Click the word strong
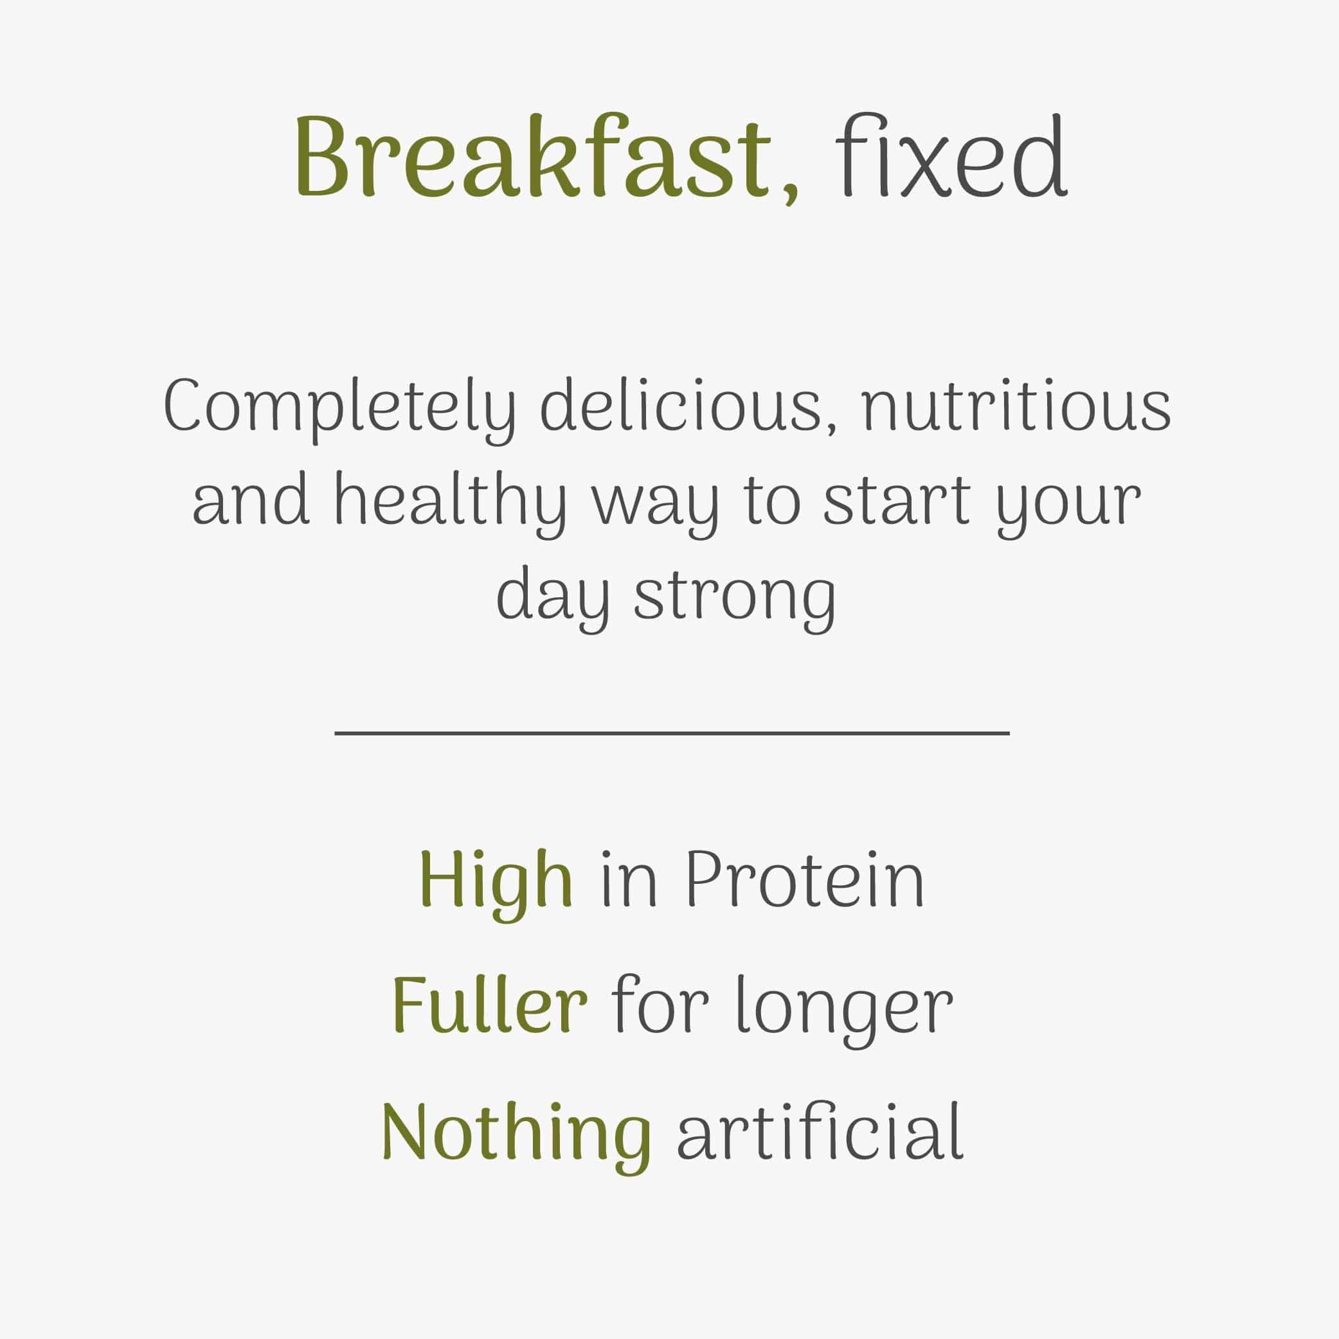click(x=735, y=597)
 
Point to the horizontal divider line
click(x=671, y=733)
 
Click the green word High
click(x=496, y=881)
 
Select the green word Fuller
click(x=490, y=1005)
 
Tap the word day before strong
click(x=553, y=597)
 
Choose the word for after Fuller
click(x=660, y=1005)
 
